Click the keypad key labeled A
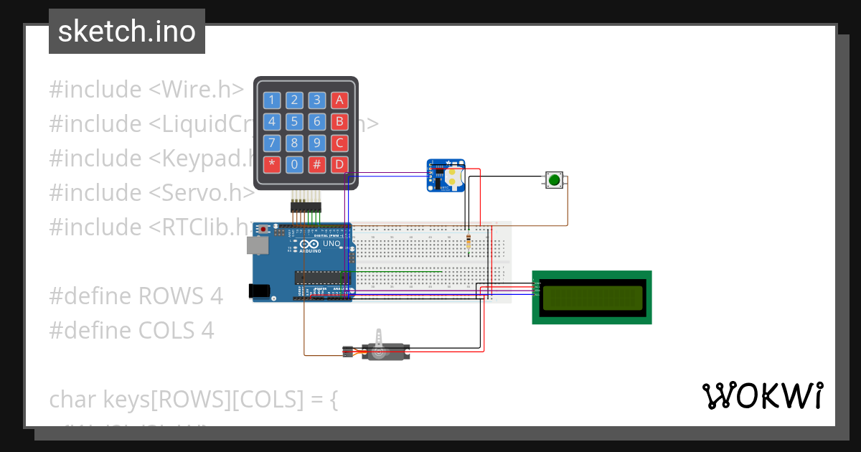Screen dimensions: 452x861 (340, 100)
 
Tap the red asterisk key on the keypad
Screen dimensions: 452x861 (271, 164)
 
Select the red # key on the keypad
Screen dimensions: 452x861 (317, 164)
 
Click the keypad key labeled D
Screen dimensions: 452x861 (340, 164)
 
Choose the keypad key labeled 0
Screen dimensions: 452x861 (294, 164)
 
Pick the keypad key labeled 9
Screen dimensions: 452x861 (317, 143)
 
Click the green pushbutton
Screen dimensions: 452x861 (554, 180)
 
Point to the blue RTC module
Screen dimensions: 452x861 (446, 176)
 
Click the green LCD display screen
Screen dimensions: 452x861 (592, 297)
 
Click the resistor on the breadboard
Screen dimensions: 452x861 (469, 241)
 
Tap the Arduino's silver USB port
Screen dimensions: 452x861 (256, 245)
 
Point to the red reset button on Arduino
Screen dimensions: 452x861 (263, 229)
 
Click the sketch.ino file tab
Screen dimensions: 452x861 (127, 32)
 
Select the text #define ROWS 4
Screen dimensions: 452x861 (136, 296)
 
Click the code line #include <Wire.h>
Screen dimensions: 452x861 (146, 90)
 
